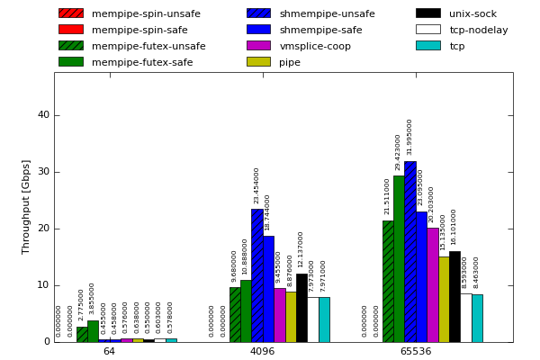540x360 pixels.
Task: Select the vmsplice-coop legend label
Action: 315,46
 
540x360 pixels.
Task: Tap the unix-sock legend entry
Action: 473,13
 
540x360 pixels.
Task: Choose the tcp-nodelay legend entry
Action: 479,30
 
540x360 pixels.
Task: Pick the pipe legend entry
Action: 290,62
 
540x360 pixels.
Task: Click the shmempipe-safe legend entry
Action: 320,30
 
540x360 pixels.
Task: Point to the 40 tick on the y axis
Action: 43,115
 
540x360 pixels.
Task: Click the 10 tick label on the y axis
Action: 43,285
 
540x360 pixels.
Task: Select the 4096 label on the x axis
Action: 262,351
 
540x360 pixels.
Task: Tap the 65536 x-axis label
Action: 416,351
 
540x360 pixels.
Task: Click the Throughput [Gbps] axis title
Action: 26,206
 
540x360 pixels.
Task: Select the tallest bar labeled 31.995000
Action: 409,252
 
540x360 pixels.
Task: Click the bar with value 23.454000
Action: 256,275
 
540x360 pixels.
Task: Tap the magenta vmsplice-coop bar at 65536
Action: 432,284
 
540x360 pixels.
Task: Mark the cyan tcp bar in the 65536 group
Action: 477,318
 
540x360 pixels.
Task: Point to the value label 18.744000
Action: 268,212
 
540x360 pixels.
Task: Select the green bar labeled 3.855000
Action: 93,331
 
